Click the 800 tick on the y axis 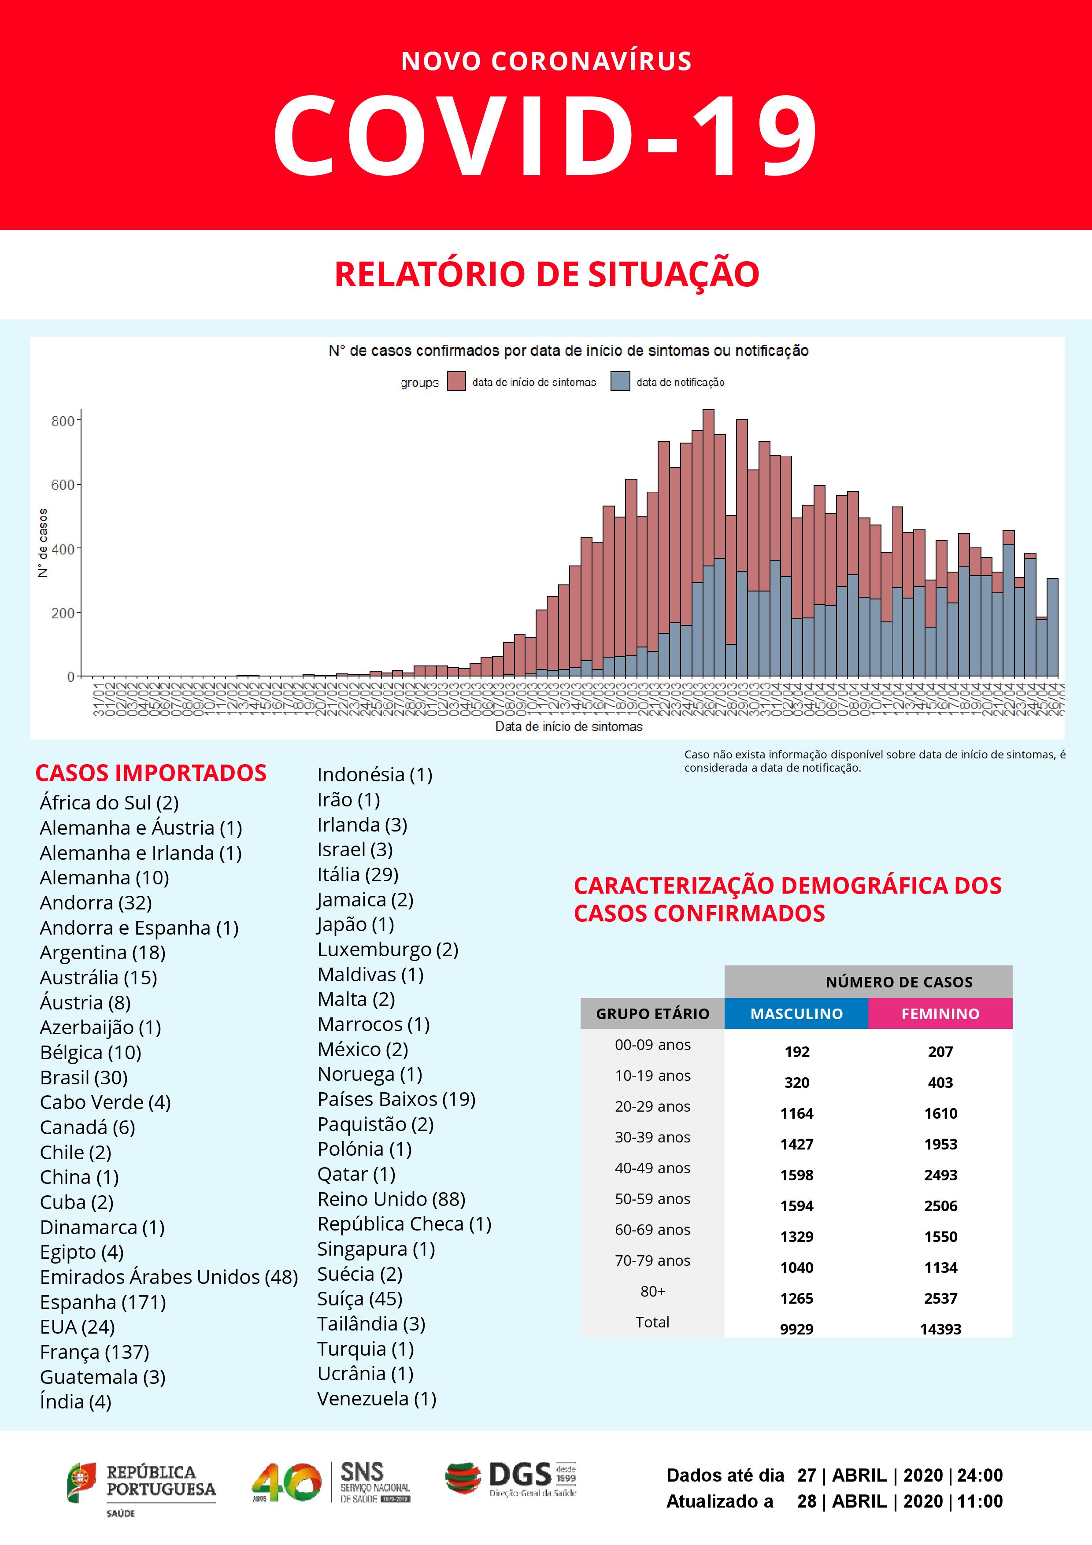pyautogui.click(x=63, y=421)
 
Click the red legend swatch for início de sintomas pyautogui.click(x=456, y=381)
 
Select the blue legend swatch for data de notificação pyautogui.click(x=620, y=381)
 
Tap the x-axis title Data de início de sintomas pyautogui.click(x=569, y=726)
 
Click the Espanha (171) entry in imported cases pyautogui.click(x=102, y=1301)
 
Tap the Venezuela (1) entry pyautogui.click(x=376, y=1398)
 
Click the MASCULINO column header pyautogui.click(x=796, y=1013)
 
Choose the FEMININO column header pyautogui.click(x=940, y=1013)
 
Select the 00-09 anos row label pyautogui.click(x=652, y=1044)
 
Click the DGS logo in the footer pyautogui.click(x=511, y=1478)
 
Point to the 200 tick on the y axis pyautogui.click(x=63, y=613)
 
